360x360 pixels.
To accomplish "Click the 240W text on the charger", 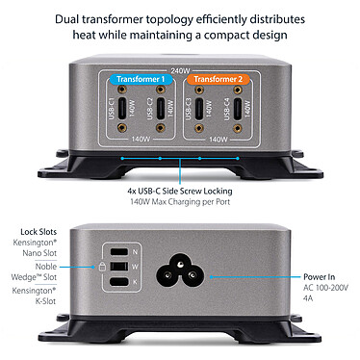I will pyautogui.click(x=179, y=71).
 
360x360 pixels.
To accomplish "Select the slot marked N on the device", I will pyautogui.click(x=117, y=250).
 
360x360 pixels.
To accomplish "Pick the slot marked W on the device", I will pyautogui.click(x=117, y=266).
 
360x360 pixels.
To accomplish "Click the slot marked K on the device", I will pyautogui.click(x=117, y=281).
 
